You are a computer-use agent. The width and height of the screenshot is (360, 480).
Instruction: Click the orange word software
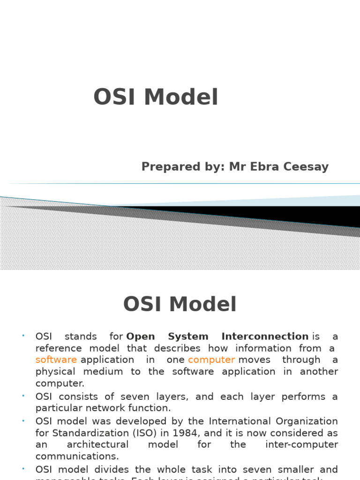[x=56, y=360]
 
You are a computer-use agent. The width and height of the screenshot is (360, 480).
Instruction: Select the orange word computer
[x=211, y=360]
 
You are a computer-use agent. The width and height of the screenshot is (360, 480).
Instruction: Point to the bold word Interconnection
[x=265, y=336]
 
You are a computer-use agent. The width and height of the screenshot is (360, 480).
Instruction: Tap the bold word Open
[x=141, y=336]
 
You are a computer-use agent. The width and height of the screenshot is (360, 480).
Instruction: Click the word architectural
[x=98, y=444]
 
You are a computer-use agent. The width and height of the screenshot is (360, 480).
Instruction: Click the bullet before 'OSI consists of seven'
[x=23, y=396]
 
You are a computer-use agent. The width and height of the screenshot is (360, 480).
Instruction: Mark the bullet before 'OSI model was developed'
[x=23, y=420]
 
